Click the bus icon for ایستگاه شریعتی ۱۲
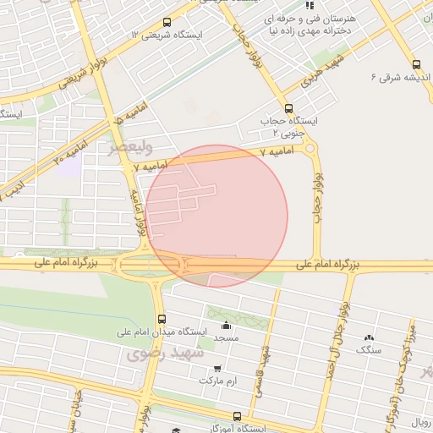coord(166,23)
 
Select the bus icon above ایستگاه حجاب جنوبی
coord(289,108)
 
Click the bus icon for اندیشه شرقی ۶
coord(415,64)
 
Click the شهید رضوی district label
coord(166,354)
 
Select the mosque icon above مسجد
coord(225,326)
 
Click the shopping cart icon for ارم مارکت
coord(218,369)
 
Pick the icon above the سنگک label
coord(369,337)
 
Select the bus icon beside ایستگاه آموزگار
coord(237,416)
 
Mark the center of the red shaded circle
coord(216,216)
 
